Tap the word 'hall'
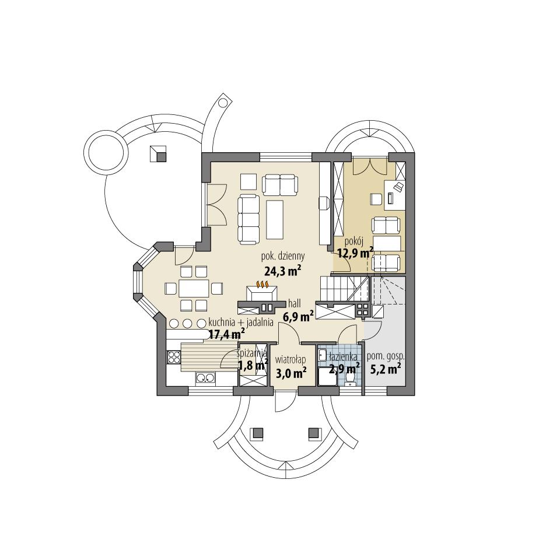point(295,303)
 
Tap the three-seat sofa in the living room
point(249,219)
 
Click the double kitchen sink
point(204,377)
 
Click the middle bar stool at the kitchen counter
point(187,324)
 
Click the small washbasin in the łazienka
point(323,355)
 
